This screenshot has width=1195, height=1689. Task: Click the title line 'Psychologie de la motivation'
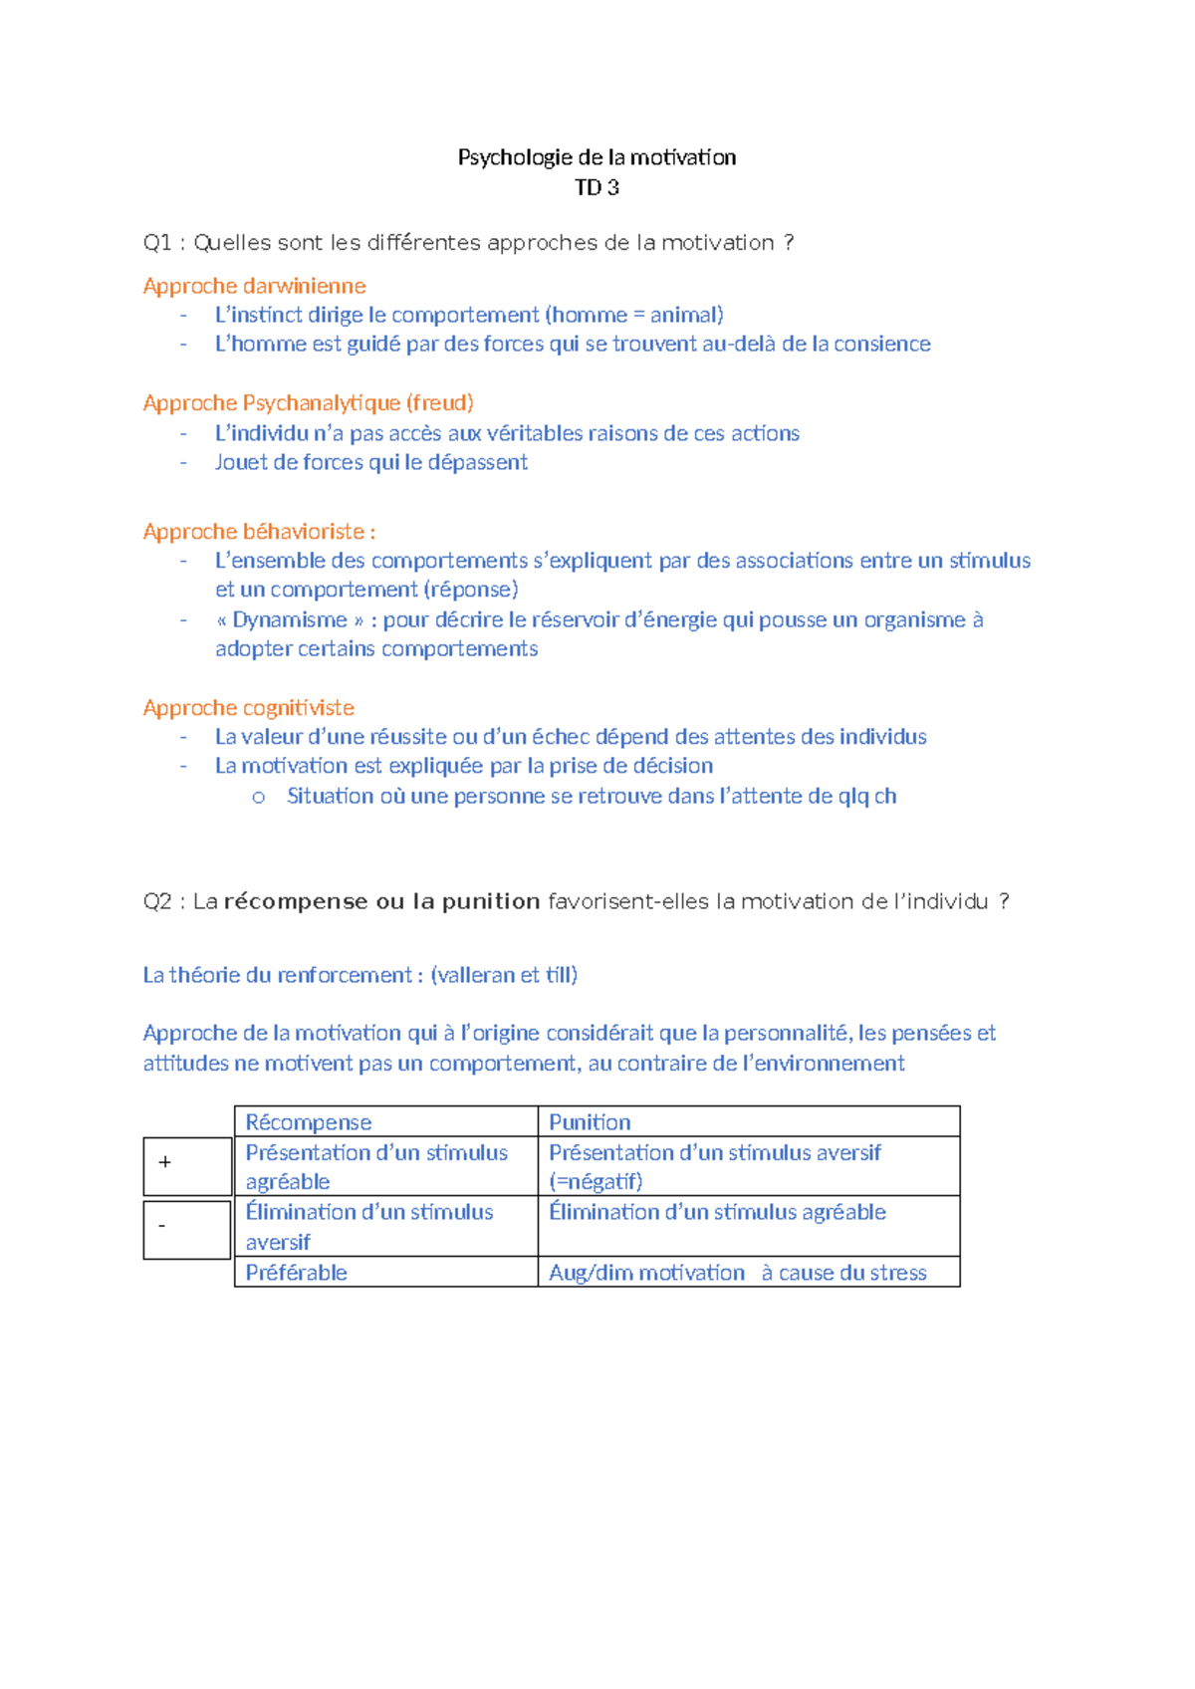[597, 157]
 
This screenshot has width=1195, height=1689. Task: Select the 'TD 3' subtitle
[597, 187]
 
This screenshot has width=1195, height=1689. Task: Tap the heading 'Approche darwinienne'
[254, 286]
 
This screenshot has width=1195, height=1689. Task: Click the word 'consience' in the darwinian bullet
[882, 344]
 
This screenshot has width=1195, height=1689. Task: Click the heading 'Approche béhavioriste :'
[259, 531]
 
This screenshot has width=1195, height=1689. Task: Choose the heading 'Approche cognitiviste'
[248, 707]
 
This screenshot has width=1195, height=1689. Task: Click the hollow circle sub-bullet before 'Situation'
[259, 797]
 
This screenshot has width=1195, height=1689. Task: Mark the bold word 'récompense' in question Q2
[296, 901]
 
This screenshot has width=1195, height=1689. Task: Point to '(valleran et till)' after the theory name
[504, 975]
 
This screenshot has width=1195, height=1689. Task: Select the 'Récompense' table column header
[309, 1122]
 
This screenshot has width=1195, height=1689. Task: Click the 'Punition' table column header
[590, 1122]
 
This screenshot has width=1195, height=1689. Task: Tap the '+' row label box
[187, 1165]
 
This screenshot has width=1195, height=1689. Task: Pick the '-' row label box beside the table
[187, 1229]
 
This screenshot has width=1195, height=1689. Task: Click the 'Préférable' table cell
[297, 1273]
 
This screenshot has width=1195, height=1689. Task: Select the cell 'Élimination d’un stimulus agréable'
[717, 1212]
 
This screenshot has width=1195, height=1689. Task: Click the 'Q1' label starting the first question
[157, 243]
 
